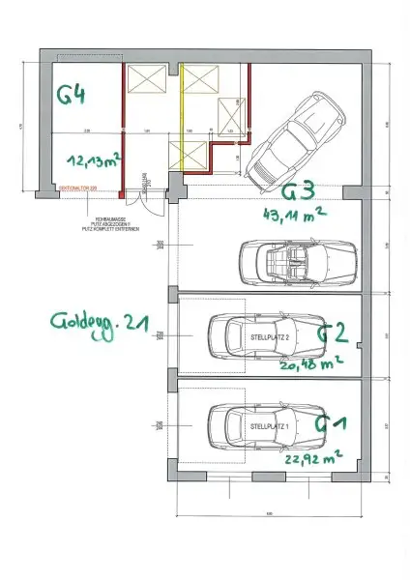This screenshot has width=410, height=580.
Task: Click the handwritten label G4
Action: pyautogui.click(x=73, y=95)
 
